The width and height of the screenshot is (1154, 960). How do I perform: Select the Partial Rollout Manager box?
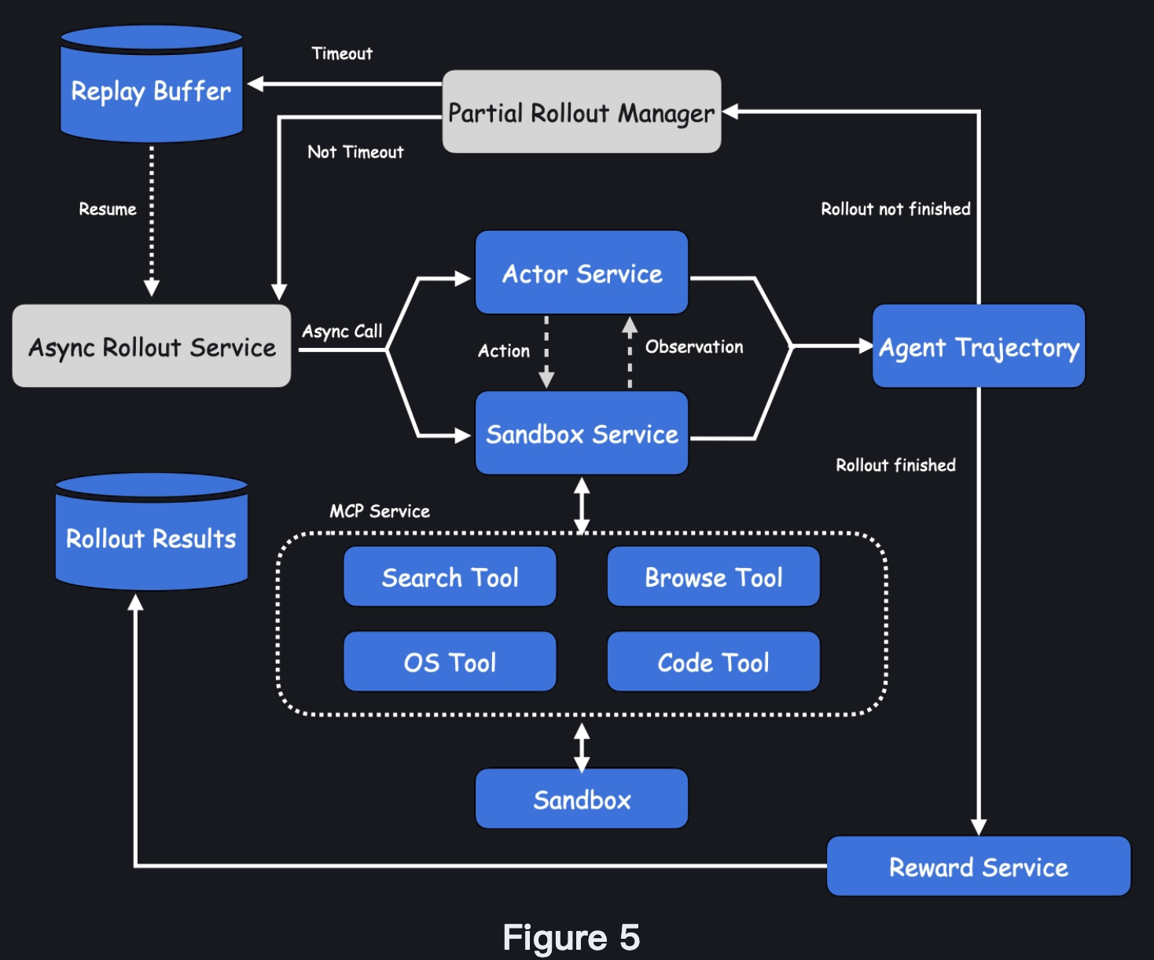[582, 112]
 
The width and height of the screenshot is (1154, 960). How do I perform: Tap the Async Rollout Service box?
[152, 346]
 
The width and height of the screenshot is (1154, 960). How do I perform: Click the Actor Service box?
[582, 273]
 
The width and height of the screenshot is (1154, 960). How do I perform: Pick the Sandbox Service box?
[582, 434]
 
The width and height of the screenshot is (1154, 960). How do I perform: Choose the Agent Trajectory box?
[979, 346]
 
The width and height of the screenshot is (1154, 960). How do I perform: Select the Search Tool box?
[450, 577]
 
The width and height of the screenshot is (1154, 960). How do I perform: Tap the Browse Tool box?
[713, 577]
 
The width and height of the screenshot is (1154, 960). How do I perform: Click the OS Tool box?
[450, 662]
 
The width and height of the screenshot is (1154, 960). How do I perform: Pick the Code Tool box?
[713, 662]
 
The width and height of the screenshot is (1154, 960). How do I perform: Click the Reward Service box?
[978, 867]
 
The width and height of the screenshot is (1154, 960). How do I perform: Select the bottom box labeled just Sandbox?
[582, 799]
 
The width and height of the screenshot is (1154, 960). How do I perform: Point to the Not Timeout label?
[355, 152]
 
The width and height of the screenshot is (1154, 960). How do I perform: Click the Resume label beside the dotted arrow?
[108, 209]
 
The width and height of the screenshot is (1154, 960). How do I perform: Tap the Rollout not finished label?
[895, 209]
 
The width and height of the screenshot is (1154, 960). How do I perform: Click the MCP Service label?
[380, 511]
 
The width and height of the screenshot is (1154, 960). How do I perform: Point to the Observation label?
[694, 346]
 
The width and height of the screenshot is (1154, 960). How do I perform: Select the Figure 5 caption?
[571, 937]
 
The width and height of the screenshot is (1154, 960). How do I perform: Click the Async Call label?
[342, 331]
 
